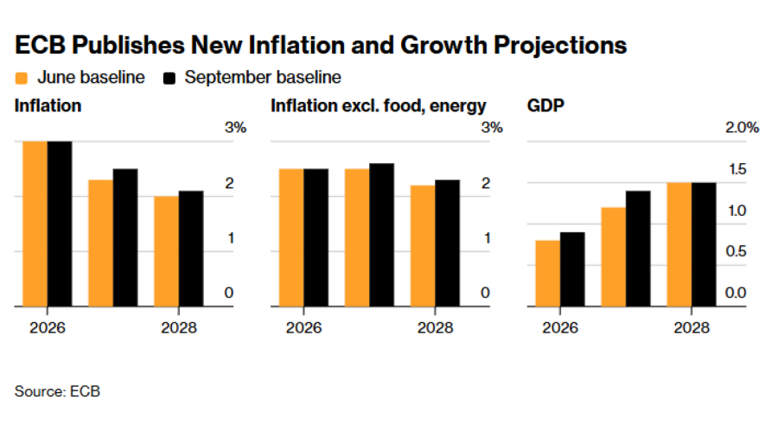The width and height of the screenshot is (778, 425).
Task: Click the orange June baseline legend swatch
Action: [22, 79]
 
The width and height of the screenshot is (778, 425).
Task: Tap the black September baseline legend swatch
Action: [169, 79]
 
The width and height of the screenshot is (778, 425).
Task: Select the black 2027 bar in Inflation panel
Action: [125, 238]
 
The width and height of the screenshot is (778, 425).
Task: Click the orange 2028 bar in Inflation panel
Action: [166, 251]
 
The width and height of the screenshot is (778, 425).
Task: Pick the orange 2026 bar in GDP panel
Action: [548, 273]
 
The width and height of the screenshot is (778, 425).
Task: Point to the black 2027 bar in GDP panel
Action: [638, 249]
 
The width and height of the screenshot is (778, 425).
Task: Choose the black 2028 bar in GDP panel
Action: [704, 244]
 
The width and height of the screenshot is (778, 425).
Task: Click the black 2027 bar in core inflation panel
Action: [381, 235]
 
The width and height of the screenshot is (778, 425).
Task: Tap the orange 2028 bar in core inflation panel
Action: [423, 246]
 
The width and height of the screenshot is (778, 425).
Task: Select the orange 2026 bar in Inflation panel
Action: [35, 224]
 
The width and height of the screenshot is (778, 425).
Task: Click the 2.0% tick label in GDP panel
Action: [742, 128]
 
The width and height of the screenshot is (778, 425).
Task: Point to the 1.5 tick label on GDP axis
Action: [737, 169]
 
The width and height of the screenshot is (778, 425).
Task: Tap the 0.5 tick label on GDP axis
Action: [736, 251]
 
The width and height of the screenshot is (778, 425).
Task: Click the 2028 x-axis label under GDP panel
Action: [692, 327]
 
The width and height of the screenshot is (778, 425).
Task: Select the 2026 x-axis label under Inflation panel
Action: [48, 327]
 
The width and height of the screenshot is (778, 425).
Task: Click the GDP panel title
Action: [545, 105]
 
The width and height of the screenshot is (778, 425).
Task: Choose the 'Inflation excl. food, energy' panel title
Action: [378, 106]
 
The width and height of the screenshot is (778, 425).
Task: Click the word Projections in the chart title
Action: [560, 46]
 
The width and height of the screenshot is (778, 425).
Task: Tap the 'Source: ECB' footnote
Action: [57, 391]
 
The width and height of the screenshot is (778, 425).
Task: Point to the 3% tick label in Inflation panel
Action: [236, 128]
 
